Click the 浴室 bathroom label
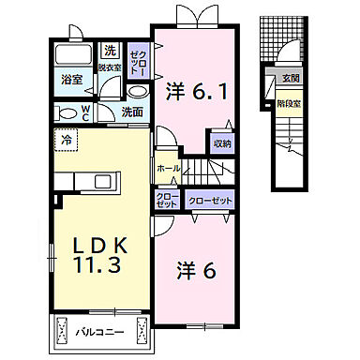pos(72,81)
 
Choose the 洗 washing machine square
pos(111,51)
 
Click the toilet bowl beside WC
pos(67,112)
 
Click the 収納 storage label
pos(221,142)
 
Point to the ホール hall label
pos(168,168)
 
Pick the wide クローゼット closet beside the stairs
pos(208,201)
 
